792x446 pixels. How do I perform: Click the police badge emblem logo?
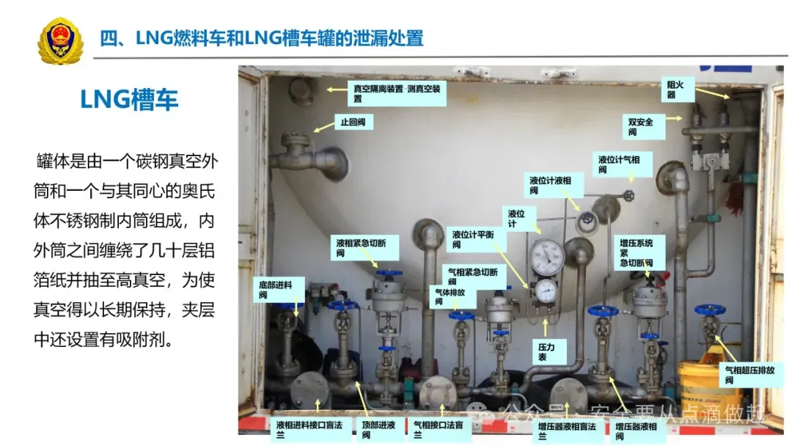61,40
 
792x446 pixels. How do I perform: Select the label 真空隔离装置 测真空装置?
397,93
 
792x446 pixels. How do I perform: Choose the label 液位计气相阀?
622,164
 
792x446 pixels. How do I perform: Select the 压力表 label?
544,351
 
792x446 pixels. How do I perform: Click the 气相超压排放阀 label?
749,375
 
